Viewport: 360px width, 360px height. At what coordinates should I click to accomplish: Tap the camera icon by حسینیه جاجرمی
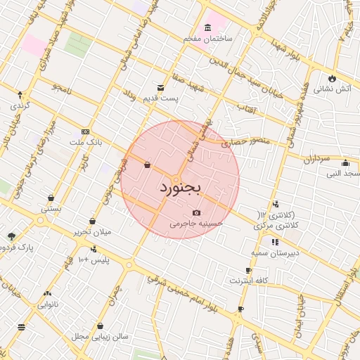pyautogui.click(x=195, y=212)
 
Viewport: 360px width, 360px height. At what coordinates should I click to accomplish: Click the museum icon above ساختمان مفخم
pyautogui.click(x=207, y=27)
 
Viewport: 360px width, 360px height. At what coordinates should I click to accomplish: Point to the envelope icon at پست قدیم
pyautogui.click(x=161, y=88)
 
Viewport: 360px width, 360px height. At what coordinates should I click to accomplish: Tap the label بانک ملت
pyautogui.click(x=86, y=142)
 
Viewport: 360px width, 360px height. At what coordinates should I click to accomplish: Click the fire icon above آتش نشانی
pyautogui.click(x=332, y=78)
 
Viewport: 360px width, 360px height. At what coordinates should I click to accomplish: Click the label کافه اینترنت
pyautogui.click(x=249, y=281)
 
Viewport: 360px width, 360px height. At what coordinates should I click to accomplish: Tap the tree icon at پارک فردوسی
pyautogui.click(x=11, y=237)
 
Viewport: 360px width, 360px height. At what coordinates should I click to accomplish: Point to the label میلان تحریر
pyautogui.click(x=93, y=232)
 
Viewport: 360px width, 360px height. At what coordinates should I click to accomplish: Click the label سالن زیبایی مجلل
pyautogui.click(x=100, y=337)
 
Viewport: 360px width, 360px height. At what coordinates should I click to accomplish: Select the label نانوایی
pyautogui.click(x=48, y=304)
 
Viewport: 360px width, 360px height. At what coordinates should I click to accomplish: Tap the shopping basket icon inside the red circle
pyautogui.click(x=147, y=165)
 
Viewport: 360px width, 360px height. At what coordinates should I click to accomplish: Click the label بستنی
pyautogui.click(x=51, y=208)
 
